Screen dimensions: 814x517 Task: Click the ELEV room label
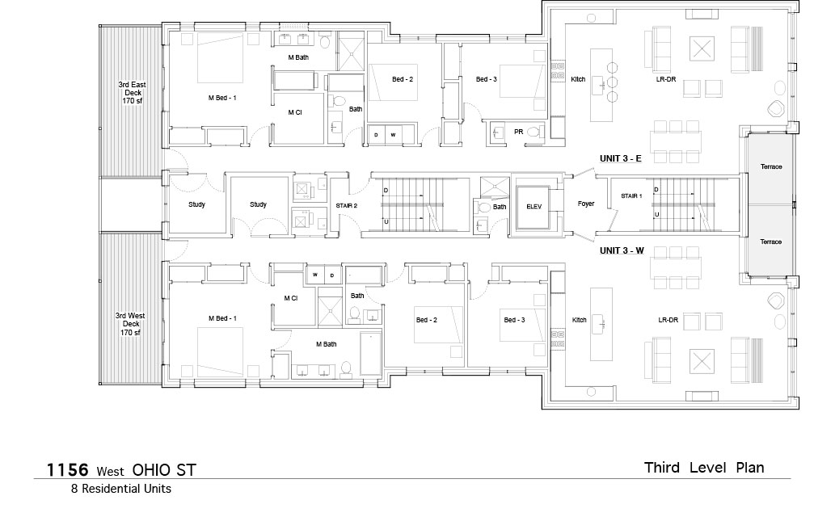pyautogui.click(x=534, y=206)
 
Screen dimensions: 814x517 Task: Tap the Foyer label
pyautogui.click(x=585, y=204)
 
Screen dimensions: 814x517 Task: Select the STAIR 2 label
pyautogui.click(x=346, y=206)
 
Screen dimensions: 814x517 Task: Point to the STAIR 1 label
pyautogui.click(x=631, y=196)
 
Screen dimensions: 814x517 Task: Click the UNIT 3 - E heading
pyautogui.click(x=620, y=158)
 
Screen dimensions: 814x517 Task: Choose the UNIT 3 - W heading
pyautogui.click(x=622, y=250)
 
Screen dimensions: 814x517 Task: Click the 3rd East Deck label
pyautogui.click(x=132, y=92)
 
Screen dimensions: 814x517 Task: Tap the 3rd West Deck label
pyautogui.click(x=130, y=324)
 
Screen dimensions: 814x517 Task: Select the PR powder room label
pyautogui.click(x=518, y=132)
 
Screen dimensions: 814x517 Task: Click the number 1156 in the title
pyautogui.click(x=67, y=470)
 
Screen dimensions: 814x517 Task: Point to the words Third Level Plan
pyautogui.click(x=704, y=468)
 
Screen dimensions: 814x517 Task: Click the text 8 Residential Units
pyautogui.click(x=121, y=489)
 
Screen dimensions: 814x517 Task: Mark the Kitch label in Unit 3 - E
pyautogui.click(x=578, y=79)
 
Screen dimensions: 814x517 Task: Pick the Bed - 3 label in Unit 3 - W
pyautogui.click(x=514, y=320)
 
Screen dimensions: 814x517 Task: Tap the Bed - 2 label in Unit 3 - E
pyautogui.click(x=403, y=79)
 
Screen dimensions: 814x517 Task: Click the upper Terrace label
pyautogui.click(x=771, y=166)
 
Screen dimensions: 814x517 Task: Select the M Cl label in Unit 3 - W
pyautogui.click(x=291, y=298)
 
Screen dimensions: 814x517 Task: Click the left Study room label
pyautogui.click(x=196, y=204)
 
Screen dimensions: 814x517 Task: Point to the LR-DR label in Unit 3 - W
pyautogui.click(x=668, y=320)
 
